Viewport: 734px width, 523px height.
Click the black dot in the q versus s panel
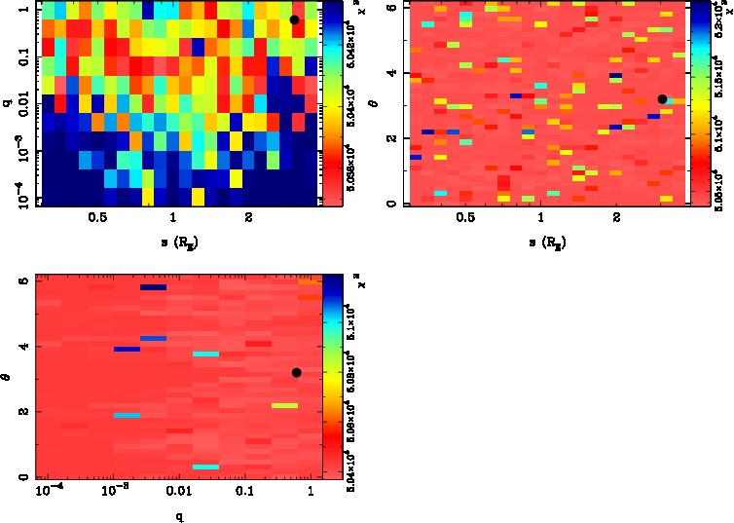[294, 19]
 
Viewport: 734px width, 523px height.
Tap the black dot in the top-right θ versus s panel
[662, 98]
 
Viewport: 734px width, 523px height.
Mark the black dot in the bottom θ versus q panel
[296, 372]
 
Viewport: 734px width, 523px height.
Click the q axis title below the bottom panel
[180, 516]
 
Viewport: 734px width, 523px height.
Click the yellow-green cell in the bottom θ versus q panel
[284, 405]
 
